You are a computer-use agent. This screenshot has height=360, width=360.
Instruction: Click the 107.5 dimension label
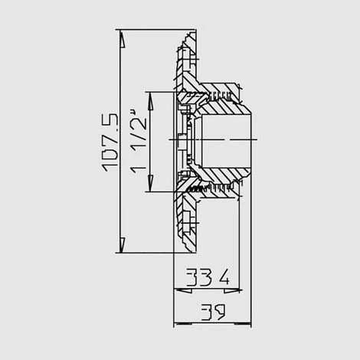click(x=110, y=142)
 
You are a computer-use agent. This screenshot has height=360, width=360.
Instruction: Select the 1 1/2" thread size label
click(x=139, y=142)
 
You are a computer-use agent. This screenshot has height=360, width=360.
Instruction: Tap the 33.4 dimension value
click(x=208, y=277)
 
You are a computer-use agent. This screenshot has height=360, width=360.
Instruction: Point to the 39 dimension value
click(x=213, y=312)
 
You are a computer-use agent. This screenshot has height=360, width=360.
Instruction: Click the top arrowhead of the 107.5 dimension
click(x=123, y=39)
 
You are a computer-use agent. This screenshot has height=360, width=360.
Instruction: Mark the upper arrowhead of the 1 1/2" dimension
click(x=150, y=100)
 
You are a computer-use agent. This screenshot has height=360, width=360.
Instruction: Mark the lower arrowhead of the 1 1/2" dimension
click(x=150, y=183)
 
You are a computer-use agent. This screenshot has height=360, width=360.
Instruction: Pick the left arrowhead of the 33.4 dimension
click(x=182, y=290)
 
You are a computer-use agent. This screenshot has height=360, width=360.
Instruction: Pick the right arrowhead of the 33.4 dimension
click(x=232, y=290)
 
